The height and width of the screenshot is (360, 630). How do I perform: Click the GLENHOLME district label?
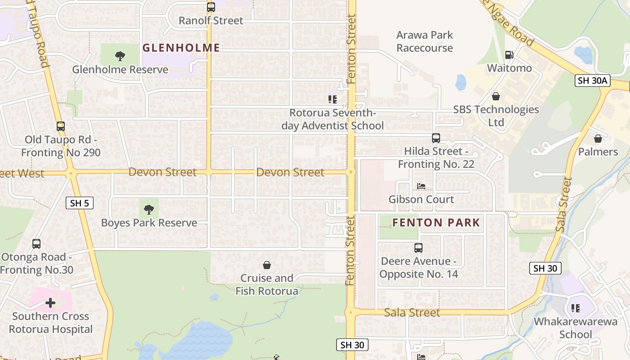[181, 48]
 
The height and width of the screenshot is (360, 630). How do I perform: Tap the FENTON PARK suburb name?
[436, 222]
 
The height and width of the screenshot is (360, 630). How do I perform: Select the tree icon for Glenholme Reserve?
[120, 56]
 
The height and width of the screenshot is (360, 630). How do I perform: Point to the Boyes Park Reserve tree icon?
[148, 209]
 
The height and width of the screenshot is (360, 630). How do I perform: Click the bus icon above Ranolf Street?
[211, 7]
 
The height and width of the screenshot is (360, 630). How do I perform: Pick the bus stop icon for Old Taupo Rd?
[61, 126]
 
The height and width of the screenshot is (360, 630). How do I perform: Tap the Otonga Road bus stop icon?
[36, 244]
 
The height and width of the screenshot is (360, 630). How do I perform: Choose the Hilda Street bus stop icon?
[436, 138]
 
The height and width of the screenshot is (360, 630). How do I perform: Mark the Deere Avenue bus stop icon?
[418, 247]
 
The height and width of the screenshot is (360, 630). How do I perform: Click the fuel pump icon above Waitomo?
[509, 55]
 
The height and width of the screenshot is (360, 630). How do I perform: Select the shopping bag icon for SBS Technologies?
[496, 96]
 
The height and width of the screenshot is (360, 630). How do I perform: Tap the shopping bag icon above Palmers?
[598, 139]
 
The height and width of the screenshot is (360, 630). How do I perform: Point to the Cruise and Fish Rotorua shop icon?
[267, 265]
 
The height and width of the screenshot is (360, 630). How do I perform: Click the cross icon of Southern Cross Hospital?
[50, 303]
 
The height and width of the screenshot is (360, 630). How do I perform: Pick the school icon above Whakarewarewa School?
[575, 308]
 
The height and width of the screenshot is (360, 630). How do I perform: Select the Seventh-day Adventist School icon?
[333, 99]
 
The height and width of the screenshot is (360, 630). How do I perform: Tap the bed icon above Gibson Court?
[421, 186]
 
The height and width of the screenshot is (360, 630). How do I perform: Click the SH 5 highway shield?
[80, 203]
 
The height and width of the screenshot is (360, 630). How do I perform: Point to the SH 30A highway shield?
[592, 81]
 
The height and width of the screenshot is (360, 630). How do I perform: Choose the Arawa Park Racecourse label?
[424, 41]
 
